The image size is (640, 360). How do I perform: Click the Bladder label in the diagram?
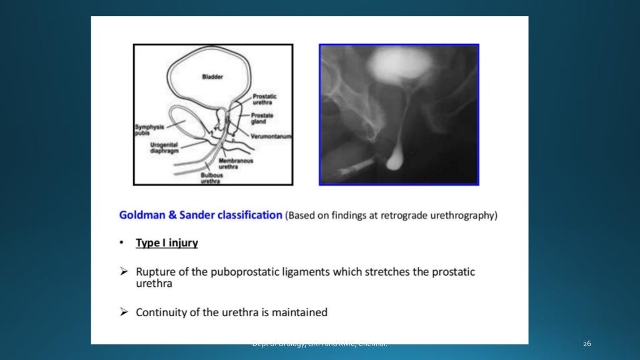click(x=212, y=77)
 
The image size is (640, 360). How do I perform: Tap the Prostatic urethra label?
click(x=265, y=99)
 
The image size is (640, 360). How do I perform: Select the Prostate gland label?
click(x=262, y=118)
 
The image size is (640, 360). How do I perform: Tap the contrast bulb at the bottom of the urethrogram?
click(x=394, y=162)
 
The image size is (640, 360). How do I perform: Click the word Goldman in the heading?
click(x=144, y=215)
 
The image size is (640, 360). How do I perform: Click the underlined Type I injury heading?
click(x=167, y=243)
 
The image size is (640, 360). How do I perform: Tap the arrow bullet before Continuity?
click(x=124, y=312)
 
